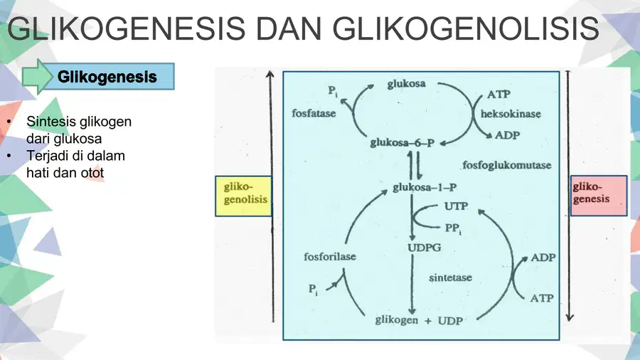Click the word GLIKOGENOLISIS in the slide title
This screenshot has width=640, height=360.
click(466, 29)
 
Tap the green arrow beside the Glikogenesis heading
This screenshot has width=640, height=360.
click(37, 77)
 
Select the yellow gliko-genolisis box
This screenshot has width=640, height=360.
click(244, 196)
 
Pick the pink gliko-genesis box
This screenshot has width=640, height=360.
click(598, 196)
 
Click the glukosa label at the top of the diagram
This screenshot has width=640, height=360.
click(406, 84)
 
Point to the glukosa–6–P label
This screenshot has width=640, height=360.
click(402, 143)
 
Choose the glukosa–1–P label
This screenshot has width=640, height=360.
click(425, 187)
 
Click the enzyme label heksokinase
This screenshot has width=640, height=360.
click(511, 114)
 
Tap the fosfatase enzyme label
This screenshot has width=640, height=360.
click(314, 113)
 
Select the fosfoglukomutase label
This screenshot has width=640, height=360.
click(506, 165)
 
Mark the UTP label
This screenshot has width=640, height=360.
click(456, 206)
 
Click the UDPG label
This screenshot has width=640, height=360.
click(424, 248)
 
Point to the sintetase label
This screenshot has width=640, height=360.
click(450, 277)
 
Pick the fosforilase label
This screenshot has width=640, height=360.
click(330, 256)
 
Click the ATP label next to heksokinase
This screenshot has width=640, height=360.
click(498, 95)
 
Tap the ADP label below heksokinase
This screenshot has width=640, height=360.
click(507, 135)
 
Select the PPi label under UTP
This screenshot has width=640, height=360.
click(453, 228)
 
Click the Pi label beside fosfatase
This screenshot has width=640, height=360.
click(333, 90)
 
